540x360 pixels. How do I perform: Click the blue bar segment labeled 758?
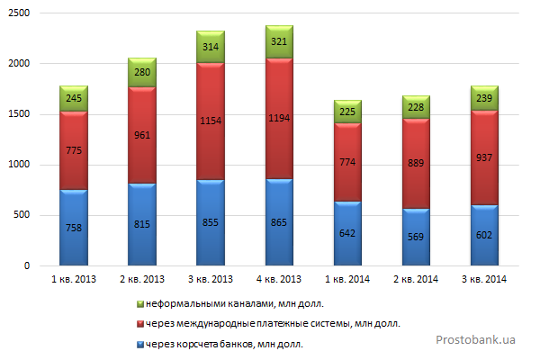coord(74,228)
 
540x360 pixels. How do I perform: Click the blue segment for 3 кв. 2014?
coord(484,235)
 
